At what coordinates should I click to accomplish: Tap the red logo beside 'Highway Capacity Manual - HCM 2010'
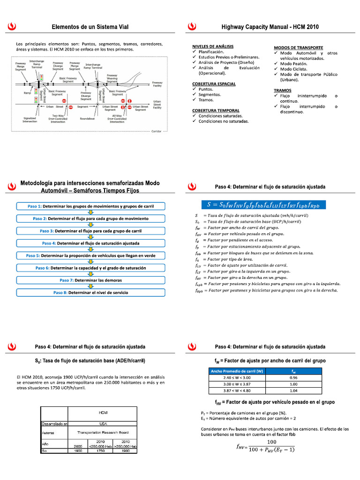[x=191, y=28]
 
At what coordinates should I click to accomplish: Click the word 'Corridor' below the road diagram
[x=156, y=132]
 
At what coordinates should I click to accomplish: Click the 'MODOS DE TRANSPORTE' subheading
[x=298, y=48]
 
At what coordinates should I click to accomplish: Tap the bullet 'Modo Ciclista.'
[x=294, y=69]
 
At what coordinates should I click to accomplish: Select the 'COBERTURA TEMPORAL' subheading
[x=216, y=110]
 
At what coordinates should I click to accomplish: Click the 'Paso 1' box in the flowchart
[x=90, y=206]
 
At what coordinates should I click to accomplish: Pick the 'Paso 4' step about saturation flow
[x=90, y=243]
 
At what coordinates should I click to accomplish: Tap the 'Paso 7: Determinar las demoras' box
[x=90, y=280]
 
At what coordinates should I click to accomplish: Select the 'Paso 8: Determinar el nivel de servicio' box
[x=90, y=292]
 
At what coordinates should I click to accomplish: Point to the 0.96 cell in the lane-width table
[x=293, y=377]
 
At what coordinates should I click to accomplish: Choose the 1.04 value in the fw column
[x=293, y=390]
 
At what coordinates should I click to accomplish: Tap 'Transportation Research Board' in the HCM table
[x=103, y=433]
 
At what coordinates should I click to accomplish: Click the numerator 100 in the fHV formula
[x=271, y=442]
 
